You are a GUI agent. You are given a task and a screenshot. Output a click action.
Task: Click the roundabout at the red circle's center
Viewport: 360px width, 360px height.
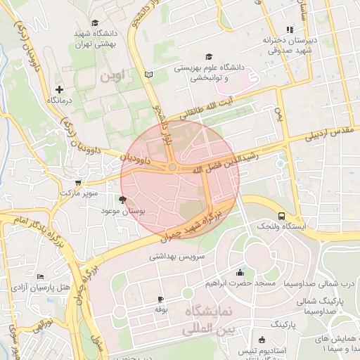pyautogui.click(x=172, y=167)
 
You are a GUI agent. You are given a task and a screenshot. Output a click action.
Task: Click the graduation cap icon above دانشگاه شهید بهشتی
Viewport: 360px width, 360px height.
pyautogui.click(x=95, y=22)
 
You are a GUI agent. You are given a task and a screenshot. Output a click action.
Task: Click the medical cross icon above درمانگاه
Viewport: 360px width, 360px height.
pyautogui.click(x=59, y=89)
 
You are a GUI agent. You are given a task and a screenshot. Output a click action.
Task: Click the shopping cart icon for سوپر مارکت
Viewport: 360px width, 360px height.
pyautogui.click(x=68, y=182)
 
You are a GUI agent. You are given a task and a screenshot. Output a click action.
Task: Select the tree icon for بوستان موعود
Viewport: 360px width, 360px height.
pyautogui.click(x=124, y=200)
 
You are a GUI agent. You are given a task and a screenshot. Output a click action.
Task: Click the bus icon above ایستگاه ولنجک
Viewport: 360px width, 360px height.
pyautogui.click(x=281, y=216)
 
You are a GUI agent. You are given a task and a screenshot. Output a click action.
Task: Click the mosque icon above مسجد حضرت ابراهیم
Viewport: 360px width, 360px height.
pyautogui.click(x=240, y=273)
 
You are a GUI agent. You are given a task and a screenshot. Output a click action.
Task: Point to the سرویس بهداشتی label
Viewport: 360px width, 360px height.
pyautogui.click(x=176, y=257)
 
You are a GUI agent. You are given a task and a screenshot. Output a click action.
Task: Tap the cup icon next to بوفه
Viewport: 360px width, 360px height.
pyautogui.click(x=160, y=299)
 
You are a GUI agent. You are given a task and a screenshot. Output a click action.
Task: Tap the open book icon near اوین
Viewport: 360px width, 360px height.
pyautogui.click(x=147, y=74)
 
